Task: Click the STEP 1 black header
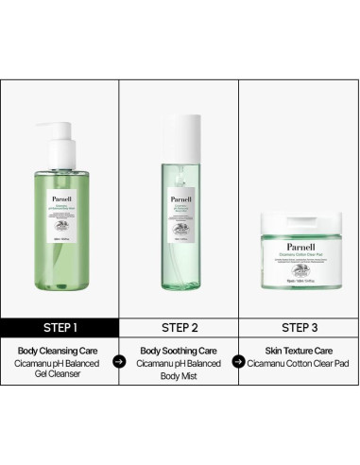(60, 329)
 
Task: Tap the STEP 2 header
(179, 329)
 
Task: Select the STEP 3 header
(298, 329)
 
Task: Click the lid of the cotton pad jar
(298, 220)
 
